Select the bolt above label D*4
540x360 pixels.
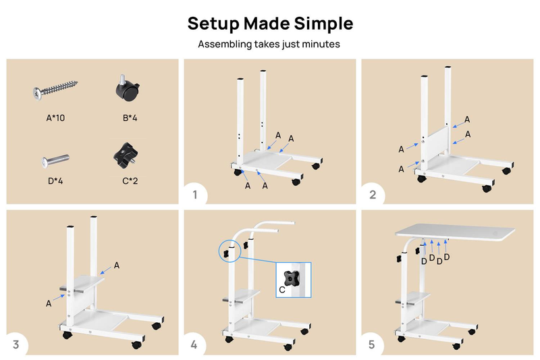55,161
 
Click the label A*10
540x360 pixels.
55,118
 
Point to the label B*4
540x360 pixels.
130,118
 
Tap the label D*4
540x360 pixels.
55,181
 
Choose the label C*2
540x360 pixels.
130,181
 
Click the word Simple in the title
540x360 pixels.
323,24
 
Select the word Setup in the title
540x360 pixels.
213,24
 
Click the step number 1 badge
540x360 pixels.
195,195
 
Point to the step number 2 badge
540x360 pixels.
373,195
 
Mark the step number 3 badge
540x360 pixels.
16,344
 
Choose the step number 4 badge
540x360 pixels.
194,344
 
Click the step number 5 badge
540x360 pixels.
372,344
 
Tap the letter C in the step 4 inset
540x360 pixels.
282,290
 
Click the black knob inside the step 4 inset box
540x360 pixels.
292,278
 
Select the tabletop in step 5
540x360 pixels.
455,231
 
